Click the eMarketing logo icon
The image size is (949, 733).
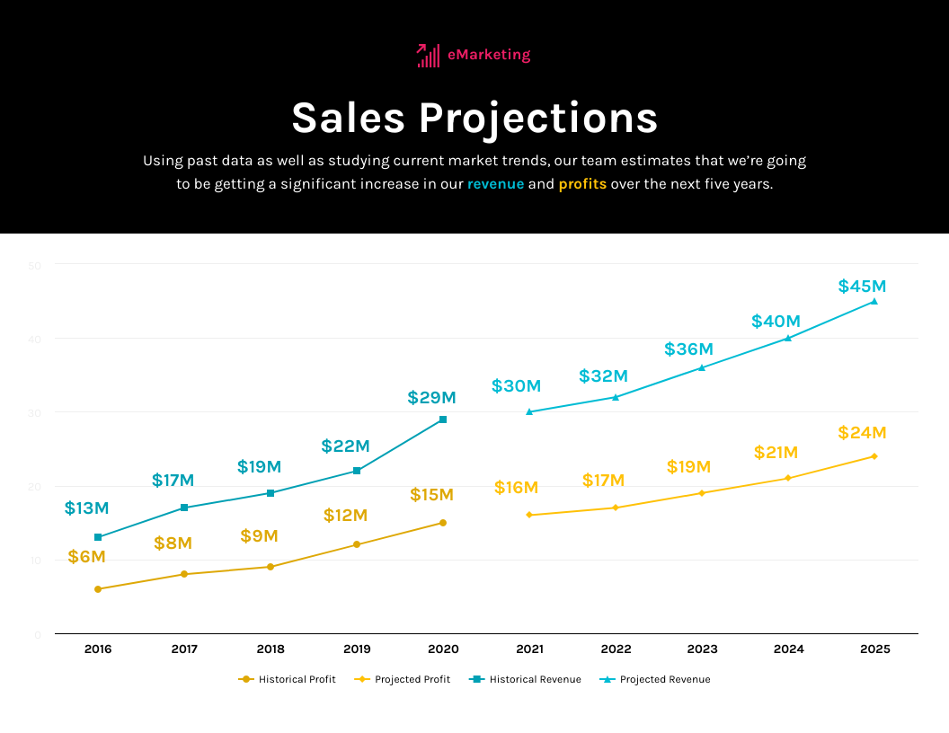click(x=428, y=56)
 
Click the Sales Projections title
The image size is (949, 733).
click(x=474, y=119)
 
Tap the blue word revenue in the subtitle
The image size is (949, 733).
click(x=495, y=184)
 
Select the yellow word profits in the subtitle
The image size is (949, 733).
click(x=582, y=184)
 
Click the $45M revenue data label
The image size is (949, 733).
click(x=862, y=287)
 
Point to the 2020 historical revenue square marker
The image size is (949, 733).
click(x=443, y=419)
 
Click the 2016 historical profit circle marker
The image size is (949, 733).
click(x=98, y=589)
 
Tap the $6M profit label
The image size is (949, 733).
click(x=86, y=557)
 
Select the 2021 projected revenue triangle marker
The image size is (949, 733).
click(x=529, y=411)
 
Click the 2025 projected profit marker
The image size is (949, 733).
click(x=874, y=456)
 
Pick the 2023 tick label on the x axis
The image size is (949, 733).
click(x=702, y=649)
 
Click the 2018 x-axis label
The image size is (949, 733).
click(x=271, y=649)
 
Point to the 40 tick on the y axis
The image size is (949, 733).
click(x=37, y=339)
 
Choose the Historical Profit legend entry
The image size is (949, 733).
click(x=288, y=679)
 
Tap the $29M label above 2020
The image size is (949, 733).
click(x=431, y=397)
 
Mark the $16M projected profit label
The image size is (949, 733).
click(x=516, y=488)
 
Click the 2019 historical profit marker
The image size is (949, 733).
click(x=357, y=544)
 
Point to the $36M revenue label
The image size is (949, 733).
click(x=688, y=349)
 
